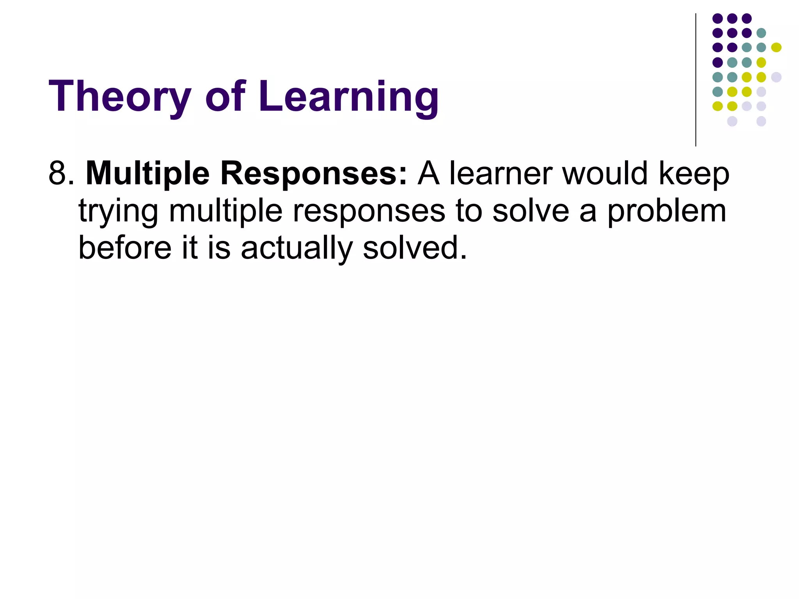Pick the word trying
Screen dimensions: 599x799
pos(118,211)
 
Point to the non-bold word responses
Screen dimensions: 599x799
pos(369,211)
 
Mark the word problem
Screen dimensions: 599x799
pos(667,211)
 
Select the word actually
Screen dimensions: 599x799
pos(297,248)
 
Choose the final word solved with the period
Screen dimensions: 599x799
pos(415,248)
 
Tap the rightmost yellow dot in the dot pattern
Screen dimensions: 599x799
pos(776,48)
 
